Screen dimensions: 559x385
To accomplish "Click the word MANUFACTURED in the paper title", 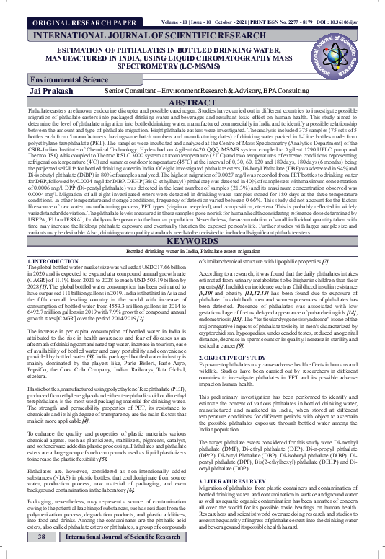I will click(x=84, y=61).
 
